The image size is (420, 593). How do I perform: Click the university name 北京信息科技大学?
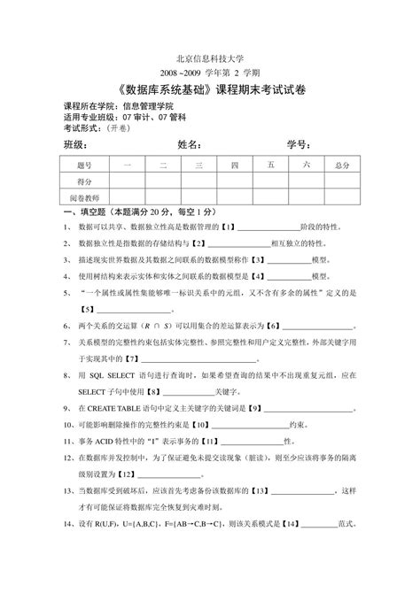point(209,56)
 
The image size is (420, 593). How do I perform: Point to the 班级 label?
point(74,144)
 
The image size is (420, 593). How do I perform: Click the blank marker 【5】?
point(87,309)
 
